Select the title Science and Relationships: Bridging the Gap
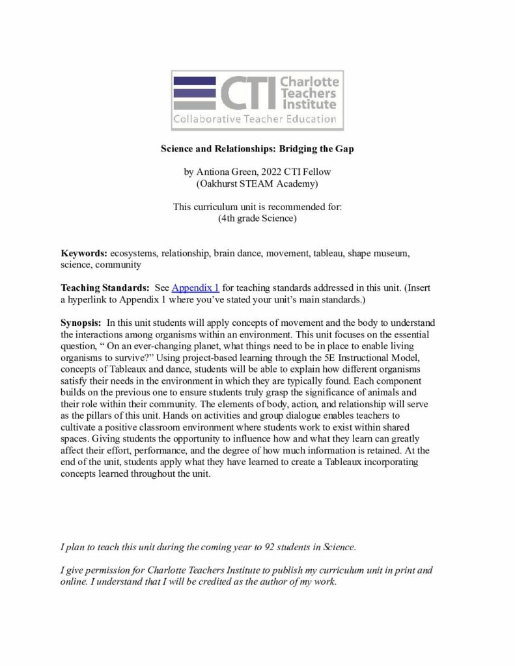click(257, 148)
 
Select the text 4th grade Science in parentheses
click(257, 219)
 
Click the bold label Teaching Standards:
click(105, 287)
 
